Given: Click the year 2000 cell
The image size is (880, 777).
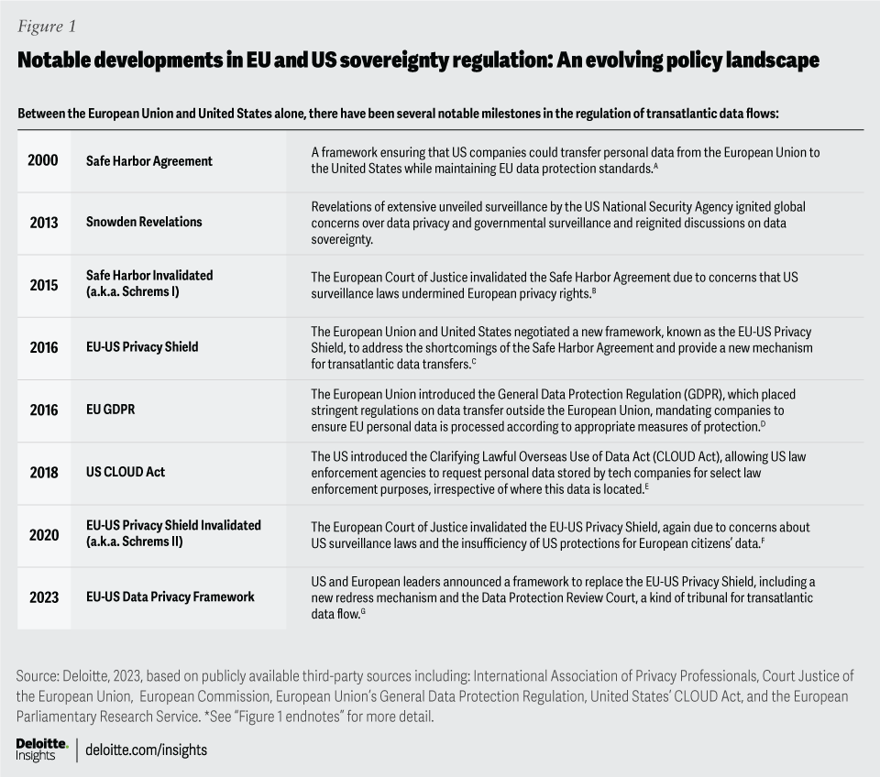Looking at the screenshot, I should [43, 160].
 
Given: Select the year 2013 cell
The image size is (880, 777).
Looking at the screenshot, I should [43, 223].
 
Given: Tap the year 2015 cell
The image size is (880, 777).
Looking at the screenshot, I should [43, 285].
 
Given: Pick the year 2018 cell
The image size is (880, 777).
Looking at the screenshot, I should [43, 473].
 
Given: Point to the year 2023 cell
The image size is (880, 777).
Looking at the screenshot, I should [43, 597].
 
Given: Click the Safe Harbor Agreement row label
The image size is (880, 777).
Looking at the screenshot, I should [148, 161].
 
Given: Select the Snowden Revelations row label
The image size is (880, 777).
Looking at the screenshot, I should [144, 223].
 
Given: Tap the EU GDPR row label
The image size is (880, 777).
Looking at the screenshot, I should [110, 410].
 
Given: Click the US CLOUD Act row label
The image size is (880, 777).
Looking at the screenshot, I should [126, 473].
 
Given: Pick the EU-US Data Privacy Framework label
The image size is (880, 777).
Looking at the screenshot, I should [170, 597].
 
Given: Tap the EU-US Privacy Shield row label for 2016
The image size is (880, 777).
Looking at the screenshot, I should [142, 348].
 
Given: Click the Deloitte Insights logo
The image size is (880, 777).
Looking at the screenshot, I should [37, 749].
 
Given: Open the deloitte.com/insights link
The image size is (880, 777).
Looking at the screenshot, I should [147, 750].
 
